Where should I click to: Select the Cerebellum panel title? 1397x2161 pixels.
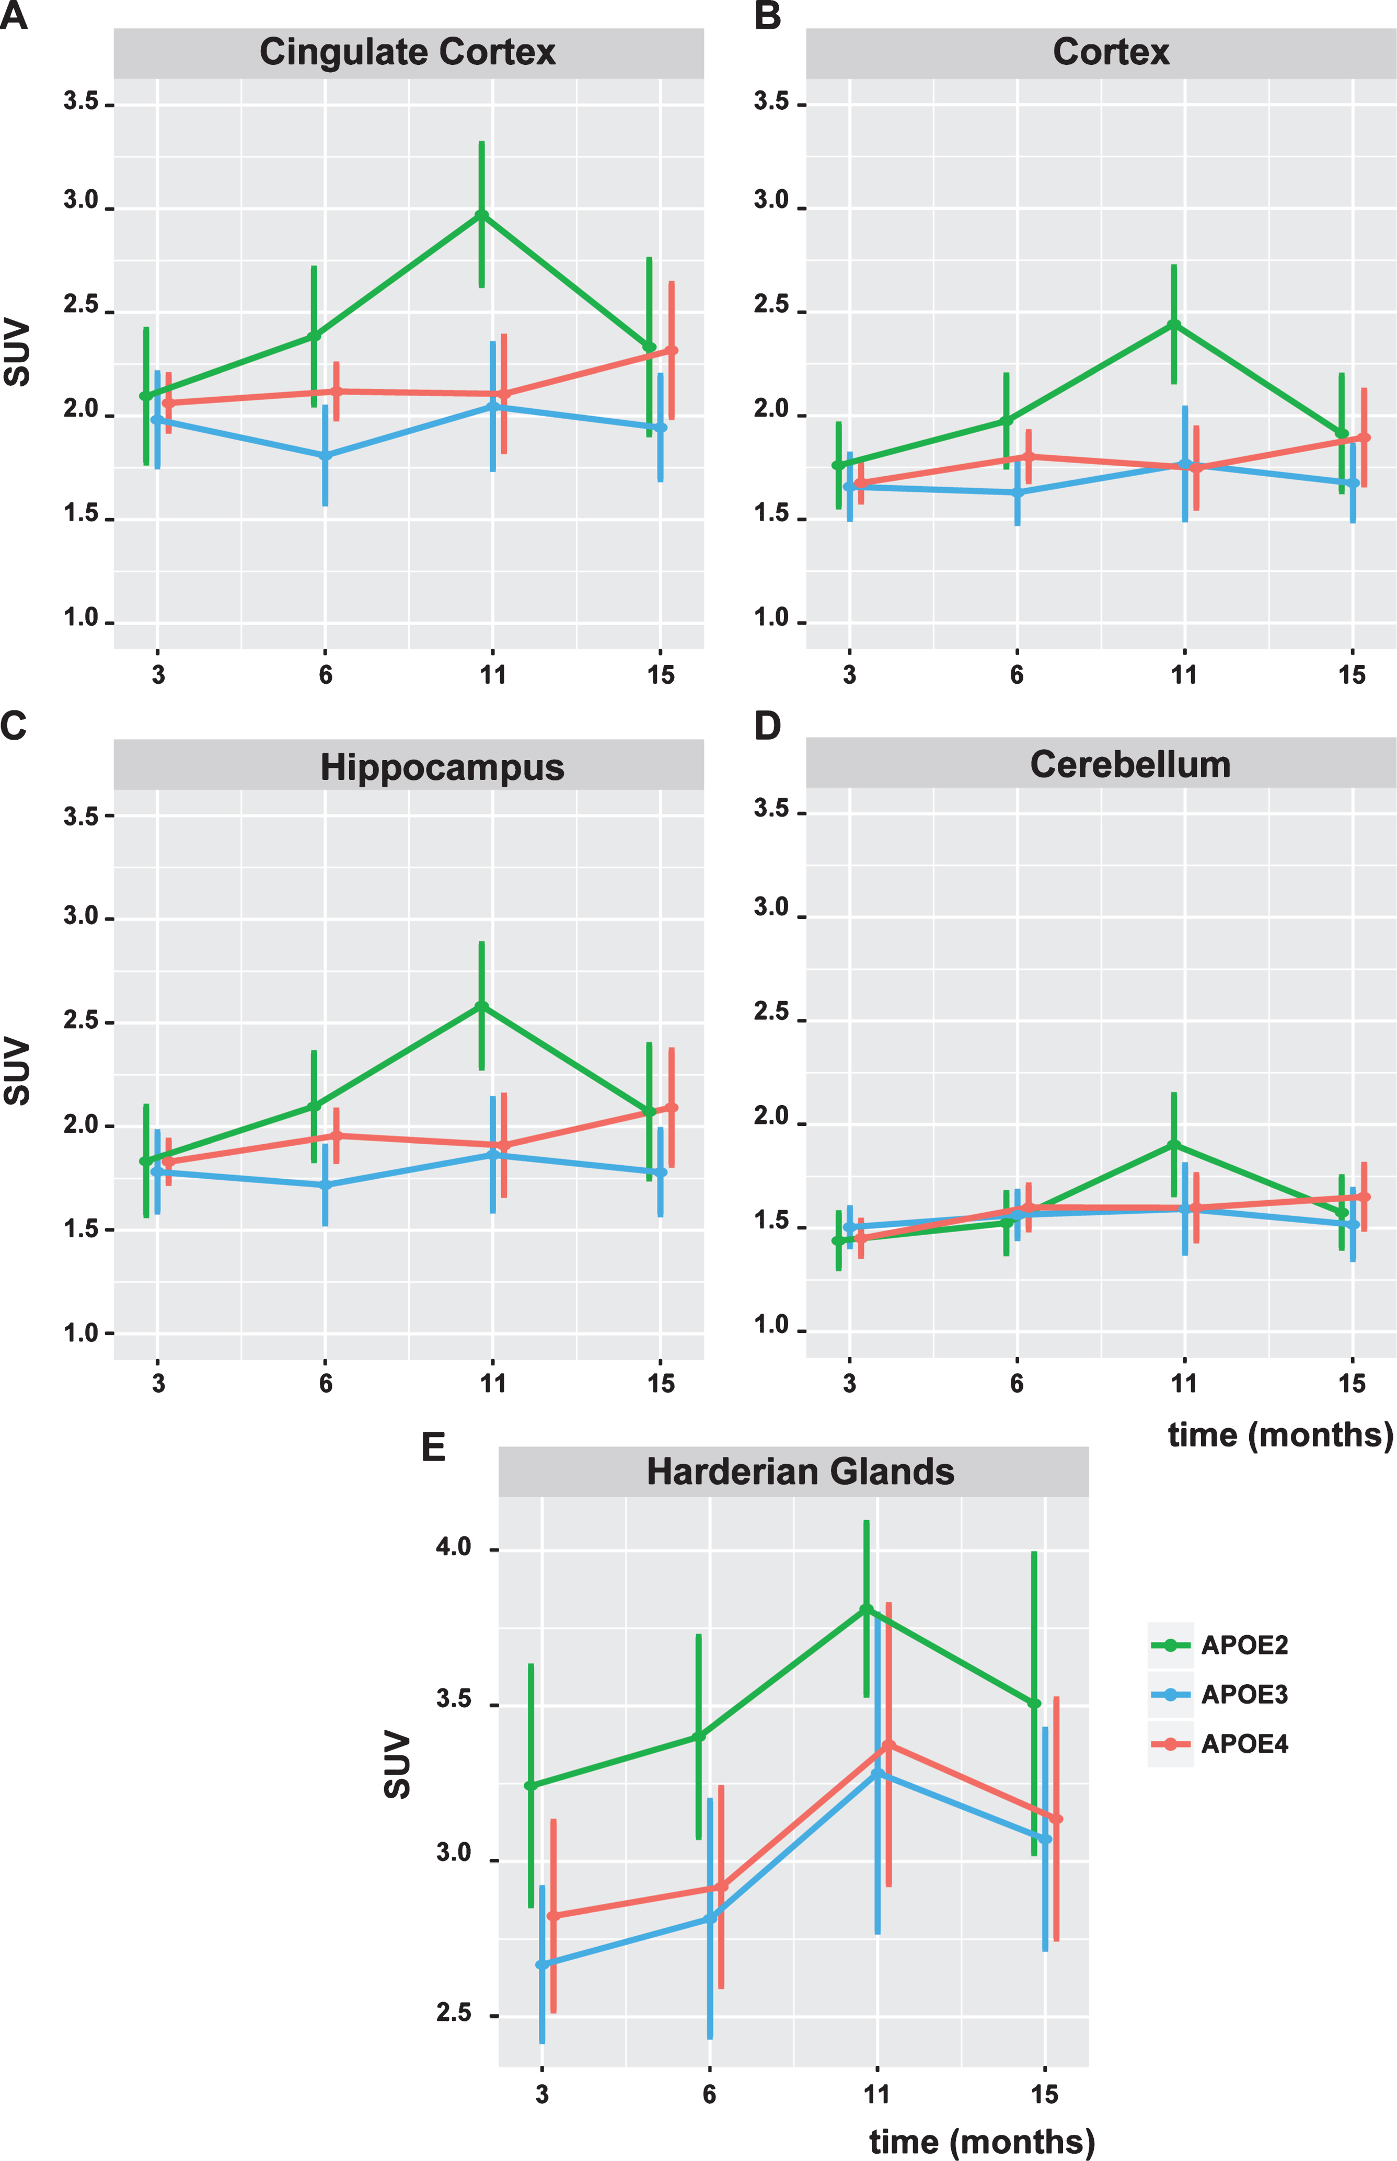tap(1130, 764)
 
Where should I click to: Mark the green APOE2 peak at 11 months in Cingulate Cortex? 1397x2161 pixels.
tap(482, 215)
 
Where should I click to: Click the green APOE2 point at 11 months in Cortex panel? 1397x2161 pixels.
tap(1174, 324)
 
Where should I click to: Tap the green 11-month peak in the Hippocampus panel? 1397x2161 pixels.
tap(482, 1006)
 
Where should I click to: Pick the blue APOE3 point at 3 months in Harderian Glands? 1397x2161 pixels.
tap(541, 1964)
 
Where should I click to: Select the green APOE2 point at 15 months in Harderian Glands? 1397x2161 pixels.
tap(1034, 1704)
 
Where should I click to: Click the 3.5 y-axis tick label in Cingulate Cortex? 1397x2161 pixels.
tap(80, 101)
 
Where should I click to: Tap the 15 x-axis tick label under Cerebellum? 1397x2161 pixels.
tap(1352, 1383)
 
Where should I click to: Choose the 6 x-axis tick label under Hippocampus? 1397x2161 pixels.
tap(326, 1383)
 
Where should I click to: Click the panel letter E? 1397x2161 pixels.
tap(434, 1447)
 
